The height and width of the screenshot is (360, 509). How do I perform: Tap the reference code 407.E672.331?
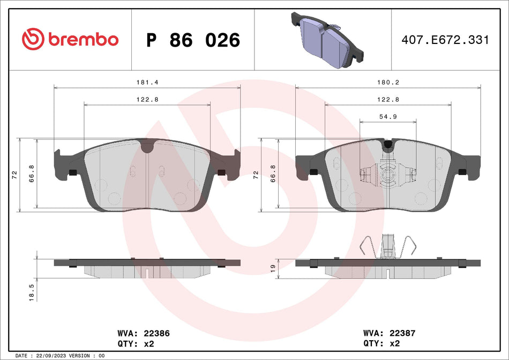tap(446, 40)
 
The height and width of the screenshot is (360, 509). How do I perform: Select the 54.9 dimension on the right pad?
tap(387, 117)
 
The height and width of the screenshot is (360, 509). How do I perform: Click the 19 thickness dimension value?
tap(273, 267)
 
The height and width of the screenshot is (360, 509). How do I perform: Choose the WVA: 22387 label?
tap(389, 333)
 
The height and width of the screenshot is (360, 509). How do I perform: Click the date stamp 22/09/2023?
tap(55, 356)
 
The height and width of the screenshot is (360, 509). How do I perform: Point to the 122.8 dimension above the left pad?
tap(142, 100)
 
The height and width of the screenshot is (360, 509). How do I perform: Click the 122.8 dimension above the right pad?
tap(387, 100)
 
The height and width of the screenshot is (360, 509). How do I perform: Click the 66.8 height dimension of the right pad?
tap(274, 174)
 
